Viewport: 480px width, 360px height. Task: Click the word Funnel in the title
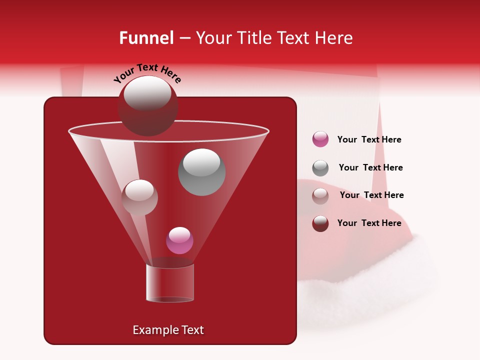(146, 38)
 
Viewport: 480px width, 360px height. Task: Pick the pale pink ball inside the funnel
(139, 197)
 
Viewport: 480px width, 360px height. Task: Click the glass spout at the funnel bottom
(169, 283)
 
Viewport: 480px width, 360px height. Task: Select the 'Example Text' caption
(168, 330)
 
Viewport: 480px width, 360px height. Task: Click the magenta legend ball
(320, 139)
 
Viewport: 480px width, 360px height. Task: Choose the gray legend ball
(320, 168)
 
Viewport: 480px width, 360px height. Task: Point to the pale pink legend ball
(320, 196)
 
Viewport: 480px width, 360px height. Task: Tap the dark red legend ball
(320, 223)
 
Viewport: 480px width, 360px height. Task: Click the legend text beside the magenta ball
(369, 140)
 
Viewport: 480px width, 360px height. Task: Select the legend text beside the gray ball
(370, 168)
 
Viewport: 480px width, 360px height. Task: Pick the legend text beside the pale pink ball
(371, 195)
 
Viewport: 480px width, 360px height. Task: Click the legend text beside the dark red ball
(369, 223)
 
